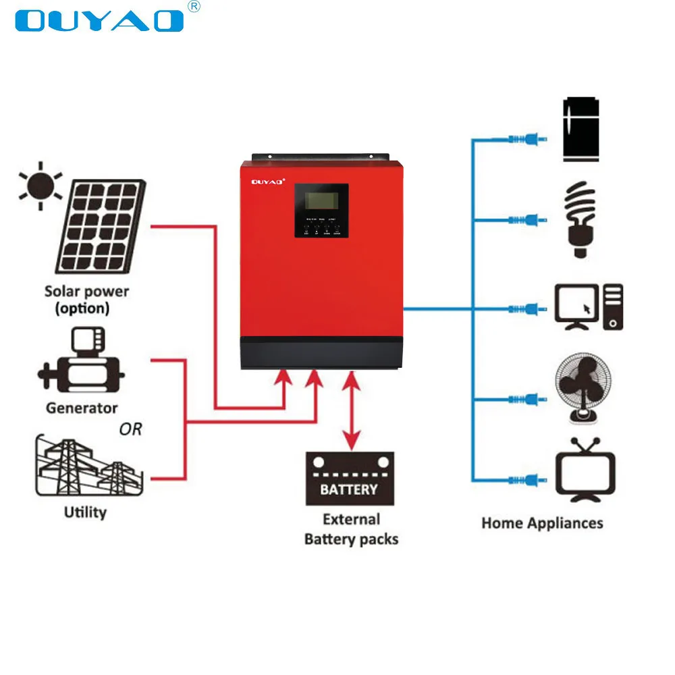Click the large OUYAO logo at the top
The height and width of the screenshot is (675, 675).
[x=100, y=20]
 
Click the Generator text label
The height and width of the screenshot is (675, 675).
[x=82, y=408]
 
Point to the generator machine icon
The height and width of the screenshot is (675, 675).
[x=82, y=364]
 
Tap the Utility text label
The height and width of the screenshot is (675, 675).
[x=85, y=512]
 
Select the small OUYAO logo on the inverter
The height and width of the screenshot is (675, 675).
[x=269, y=181]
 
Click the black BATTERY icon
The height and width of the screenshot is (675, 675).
[x=349, y=478]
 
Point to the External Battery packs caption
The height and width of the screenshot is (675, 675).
[x=351, y=529]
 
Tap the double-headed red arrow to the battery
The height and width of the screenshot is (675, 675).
[x=350, y=412]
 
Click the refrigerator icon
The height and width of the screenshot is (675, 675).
[x=580, y=130]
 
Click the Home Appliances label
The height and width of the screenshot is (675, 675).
[x=542, y=523]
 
